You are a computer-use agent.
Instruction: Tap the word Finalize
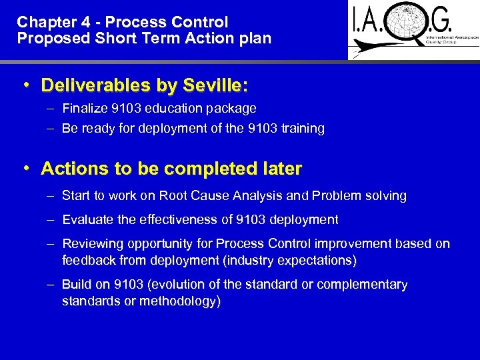(85, 108)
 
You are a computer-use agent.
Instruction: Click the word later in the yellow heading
(281, 169)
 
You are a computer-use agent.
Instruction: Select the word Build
(75, 285)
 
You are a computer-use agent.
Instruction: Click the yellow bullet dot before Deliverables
(25, 85)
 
